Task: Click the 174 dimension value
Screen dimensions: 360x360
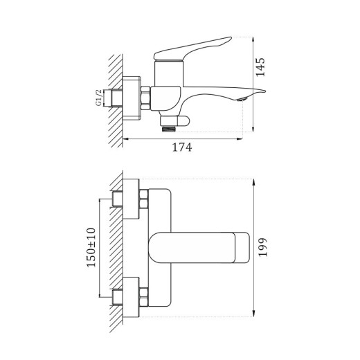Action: tap(181, 147)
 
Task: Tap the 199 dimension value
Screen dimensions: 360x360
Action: tap(262, 246)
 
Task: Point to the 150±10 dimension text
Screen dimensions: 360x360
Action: tap(92, 246)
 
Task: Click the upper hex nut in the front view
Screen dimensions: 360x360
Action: tap(144, 201)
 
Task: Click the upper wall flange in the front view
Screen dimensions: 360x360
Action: tap(129, 200)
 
